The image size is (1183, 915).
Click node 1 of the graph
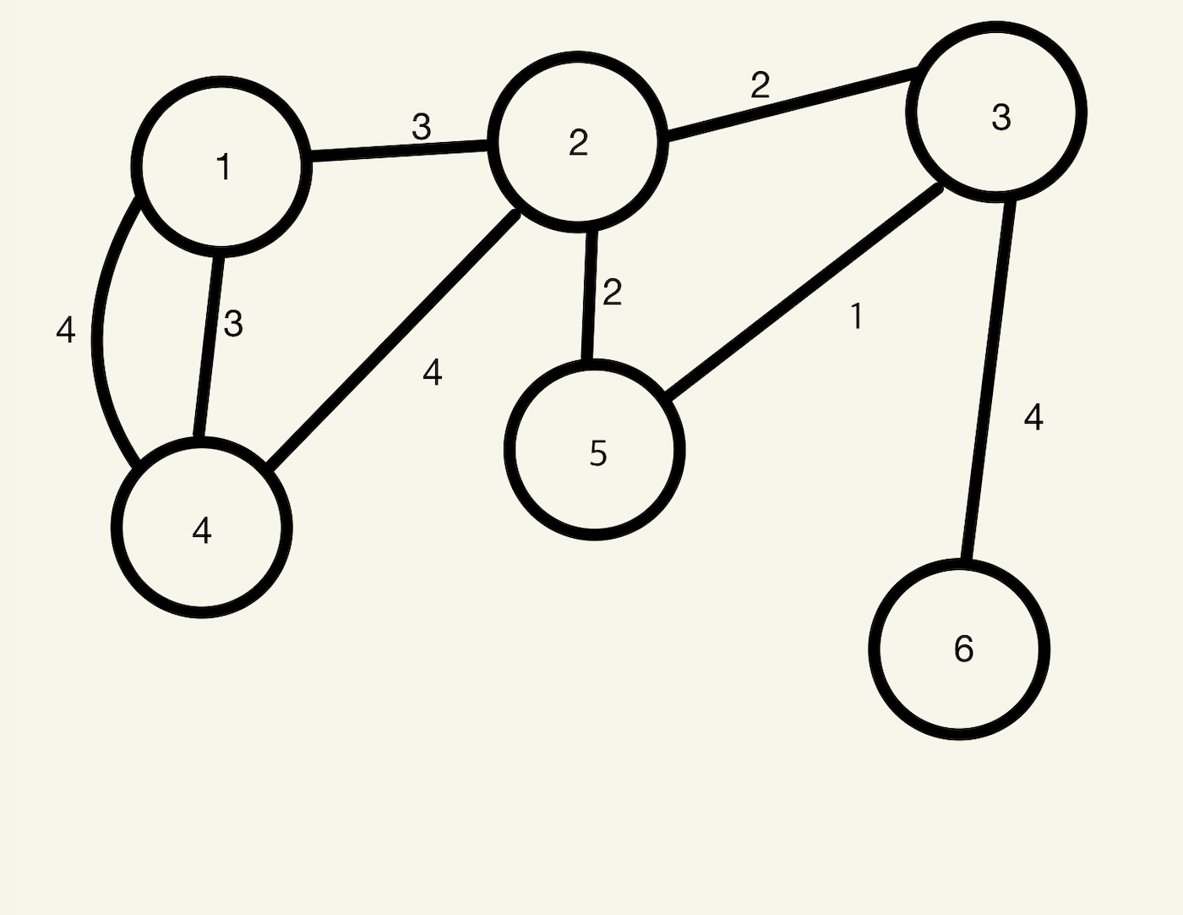pyautogui.click(x=221, y=167)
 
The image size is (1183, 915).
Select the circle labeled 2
pyautogui.click(x=578, y=142)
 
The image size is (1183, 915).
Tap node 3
pyautogui.click(x=997, y=112)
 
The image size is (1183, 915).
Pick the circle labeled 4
pyautogui.click(x=202, y=529)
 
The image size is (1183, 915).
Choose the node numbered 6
pyautogui.click(x=960, y=649)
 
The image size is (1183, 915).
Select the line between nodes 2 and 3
pyautogui.click(x=793, y=101)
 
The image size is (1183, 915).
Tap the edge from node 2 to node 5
pyautogui.click(x=589, y=296)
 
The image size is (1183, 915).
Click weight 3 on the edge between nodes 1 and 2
pyautogui.click(x=421, y=128)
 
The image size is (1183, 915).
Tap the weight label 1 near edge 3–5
pyautogui.click(x=857, y=316)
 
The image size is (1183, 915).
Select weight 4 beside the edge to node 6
pyautogui.click(x=1033, y=417)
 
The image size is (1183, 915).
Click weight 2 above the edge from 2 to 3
pyautogui.click(x=760, y=85)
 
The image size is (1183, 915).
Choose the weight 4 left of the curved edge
pyautogui.click(x=66, y=330)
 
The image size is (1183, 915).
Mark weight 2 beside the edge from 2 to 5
pyautogui.click(x=612, y=293)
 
